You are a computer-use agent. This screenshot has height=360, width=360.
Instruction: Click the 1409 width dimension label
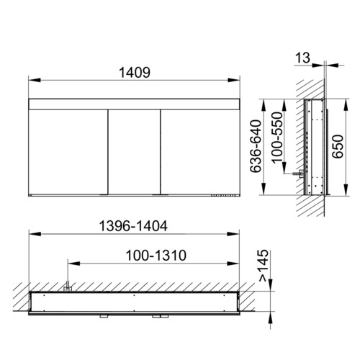(135, 72)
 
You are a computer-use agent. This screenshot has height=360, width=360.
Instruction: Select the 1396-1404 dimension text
(133, 226)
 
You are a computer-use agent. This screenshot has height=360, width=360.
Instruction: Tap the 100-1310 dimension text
(156, 256)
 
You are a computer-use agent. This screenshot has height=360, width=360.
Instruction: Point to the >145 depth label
(264, 265)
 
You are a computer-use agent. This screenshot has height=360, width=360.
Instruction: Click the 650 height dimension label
(338, 146)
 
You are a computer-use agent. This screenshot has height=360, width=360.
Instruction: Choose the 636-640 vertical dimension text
(256, 146)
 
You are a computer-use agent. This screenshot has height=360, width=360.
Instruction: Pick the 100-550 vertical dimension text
(277, 138)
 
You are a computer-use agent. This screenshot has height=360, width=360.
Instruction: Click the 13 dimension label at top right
(302, 58)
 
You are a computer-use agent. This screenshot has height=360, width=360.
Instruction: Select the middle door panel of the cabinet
(134, 152)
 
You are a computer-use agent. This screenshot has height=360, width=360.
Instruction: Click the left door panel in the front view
(68, 152)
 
